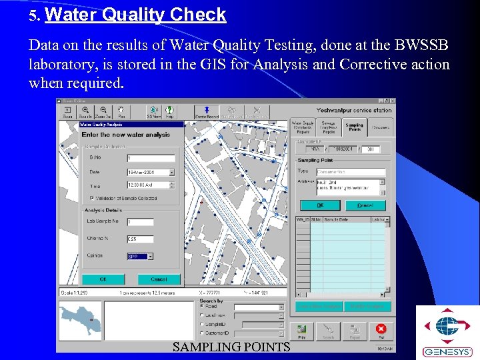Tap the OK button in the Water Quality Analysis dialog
point(103,279)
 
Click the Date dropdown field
point(150,172)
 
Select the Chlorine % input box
point(140,239)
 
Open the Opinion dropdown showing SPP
point(140,256)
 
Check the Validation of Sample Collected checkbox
point(92,198)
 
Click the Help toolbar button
point(170,112)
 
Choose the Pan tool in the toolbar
point(121,112)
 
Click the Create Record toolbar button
point(206,112)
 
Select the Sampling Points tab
point(355,126)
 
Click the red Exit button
point(381,330)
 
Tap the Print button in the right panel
point(302,330)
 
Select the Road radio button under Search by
point(202,307)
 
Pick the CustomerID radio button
point(202,333)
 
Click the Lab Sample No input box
point(140,222)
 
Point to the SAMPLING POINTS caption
point(231,347)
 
